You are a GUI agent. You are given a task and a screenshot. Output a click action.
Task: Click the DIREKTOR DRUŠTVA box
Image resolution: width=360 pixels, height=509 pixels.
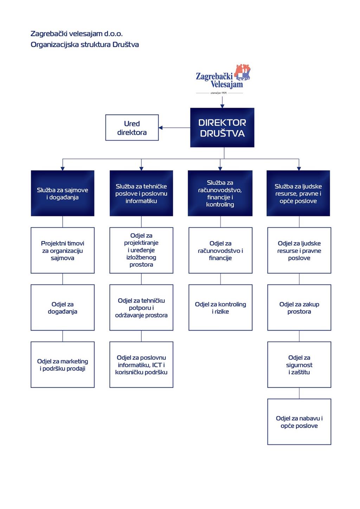point(222,127)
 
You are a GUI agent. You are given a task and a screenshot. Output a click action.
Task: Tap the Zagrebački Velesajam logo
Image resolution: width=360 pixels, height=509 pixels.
point(223,79)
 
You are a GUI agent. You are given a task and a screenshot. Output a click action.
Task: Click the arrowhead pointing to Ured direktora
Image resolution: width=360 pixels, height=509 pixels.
point(161,128)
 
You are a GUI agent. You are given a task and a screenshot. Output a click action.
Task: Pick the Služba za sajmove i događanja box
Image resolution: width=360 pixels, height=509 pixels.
point(63,193)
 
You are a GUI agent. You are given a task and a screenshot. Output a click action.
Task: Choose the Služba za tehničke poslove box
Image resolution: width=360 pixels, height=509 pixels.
point(141,193)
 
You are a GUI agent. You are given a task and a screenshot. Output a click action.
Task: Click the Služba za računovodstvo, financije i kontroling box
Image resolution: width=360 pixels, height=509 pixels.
point(220,193)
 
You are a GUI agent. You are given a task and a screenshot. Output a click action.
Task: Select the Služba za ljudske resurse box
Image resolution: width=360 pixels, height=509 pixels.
point(298,193)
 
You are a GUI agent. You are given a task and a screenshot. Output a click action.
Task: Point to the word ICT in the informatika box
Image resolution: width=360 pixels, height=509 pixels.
point(157,365)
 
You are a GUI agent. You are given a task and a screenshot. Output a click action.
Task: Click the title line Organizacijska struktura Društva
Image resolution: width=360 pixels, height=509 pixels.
point(85,45)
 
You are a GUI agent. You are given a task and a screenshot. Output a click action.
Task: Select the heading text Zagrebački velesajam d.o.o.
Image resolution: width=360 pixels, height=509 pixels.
point(77,34)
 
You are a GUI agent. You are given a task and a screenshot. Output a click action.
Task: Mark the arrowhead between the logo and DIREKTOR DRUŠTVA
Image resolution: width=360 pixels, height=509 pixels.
point(222,106)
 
